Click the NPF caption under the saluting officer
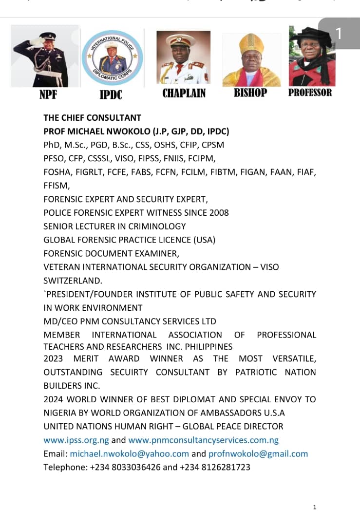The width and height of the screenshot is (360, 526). click(x=48, y=94)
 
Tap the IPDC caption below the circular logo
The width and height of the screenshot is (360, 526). click(x=111, y=94)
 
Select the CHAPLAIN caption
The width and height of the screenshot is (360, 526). click(x=184, y=93)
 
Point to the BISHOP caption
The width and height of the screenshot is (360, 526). click(x=250, y=93)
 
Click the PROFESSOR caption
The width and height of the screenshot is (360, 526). click(x=310, y=93)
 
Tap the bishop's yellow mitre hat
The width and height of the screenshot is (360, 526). click(x=252, y=43)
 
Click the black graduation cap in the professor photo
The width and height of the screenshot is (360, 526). click(x=309, y=36)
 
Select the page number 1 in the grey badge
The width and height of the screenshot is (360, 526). click(x=339, y=34)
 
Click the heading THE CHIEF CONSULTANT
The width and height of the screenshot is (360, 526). click(x=92, y=117)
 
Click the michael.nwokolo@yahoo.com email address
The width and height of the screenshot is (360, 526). click(x=130, y=453)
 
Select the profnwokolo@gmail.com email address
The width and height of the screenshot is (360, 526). click(x=258, y=453)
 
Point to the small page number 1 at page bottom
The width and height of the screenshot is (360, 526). click(x=315, y=507)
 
